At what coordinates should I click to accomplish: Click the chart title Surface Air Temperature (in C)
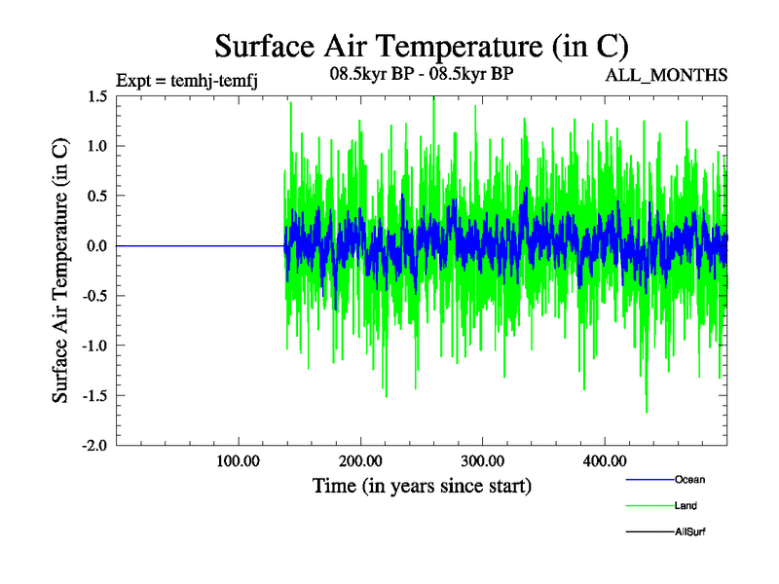(421, 46)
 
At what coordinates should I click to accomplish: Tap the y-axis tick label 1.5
(96, 96)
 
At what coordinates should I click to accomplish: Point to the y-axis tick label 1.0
(96, 146)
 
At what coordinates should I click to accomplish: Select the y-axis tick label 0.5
(96, 196)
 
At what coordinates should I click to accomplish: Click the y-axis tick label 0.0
(96, 245)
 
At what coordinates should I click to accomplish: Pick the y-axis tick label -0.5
(93, 295)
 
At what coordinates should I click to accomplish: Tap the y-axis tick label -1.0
(93, 346)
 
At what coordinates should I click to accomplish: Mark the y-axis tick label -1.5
(93, 395)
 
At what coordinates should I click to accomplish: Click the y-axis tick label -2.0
(93, 445)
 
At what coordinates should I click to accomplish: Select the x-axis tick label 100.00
(239, 460)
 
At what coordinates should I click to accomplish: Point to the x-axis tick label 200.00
(360, 460)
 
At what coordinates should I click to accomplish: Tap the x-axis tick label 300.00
(482, 460)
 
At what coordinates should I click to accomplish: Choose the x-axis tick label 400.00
(604, 460)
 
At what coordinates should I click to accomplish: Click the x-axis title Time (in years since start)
(422, 484)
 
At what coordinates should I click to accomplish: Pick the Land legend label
(686, 506)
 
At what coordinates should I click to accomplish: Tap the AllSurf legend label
(689, 532)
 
